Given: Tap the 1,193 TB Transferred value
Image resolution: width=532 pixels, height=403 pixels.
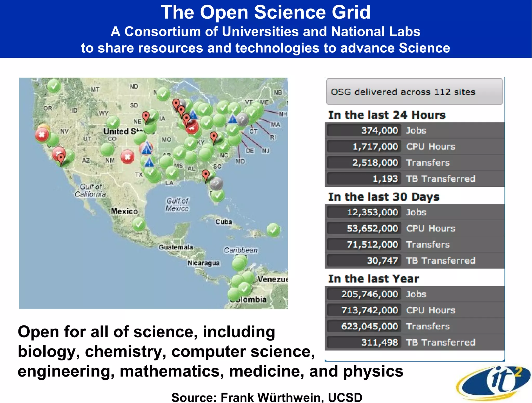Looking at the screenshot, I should point(385,179).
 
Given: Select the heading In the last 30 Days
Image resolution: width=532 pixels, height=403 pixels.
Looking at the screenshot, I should point(383,197).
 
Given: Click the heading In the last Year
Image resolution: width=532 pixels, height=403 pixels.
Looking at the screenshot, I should point(373,279).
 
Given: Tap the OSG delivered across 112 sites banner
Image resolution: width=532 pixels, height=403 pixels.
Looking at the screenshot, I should point(414,92).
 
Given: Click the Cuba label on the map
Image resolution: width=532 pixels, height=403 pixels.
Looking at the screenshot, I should point(224,222).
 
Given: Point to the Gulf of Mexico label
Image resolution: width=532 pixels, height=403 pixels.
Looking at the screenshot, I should point(177,204).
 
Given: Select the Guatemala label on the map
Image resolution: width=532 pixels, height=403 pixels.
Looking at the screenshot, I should point(176,247).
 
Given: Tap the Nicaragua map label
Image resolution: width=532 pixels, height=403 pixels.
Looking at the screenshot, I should point(203,263).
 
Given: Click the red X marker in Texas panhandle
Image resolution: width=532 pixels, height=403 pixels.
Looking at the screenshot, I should point(127,157).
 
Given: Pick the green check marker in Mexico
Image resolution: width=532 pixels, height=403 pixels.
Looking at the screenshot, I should point(139,224).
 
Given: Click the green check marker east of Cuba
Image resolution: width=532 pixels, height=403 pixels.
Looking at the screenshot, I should point(273,230).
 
